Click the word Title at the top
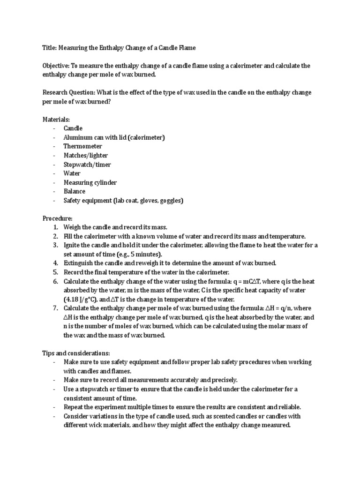click(x=49, y=48)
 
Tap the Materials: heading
click(x=56, y=120)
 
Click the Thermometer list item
click(x=83, y=146)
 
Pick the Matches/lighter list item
click(x=86, y=155)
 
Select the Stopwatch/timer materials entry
click(x=87, y=165)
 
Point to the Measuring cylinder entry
click(x=90, y=182)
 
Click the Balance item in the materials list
click(x=75, y=191)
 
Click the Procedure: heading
click(x=58, y=218)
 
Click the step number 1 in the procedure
click(x=55, y=227)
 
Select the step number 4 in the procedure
click(x=55, y=263)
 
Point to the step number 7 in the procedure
click(x=55, y=308)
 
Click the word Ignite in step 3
click(x=73, y=245)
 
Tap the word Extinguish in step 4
click(x=79, y=263)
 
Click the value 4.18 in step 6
click(x=73, y=299)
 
